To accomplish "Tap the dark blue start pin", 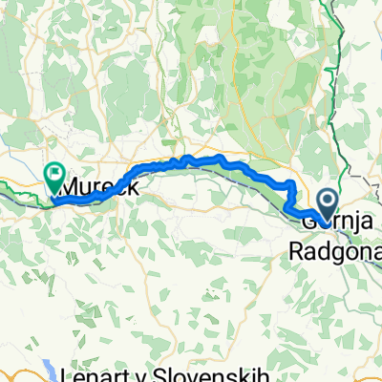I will [328, 202].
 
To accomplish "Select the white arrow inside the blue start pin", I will [328, 200].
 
